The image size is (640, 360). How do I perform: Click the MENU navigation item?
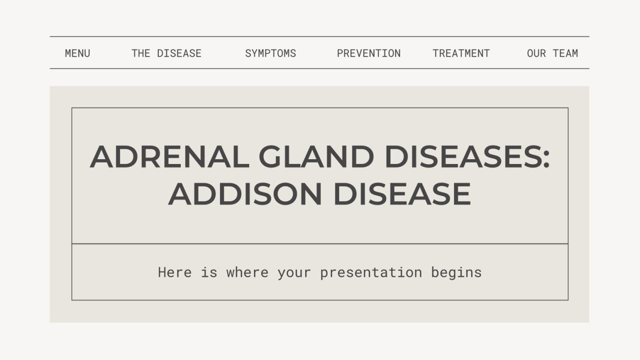pos(77,53)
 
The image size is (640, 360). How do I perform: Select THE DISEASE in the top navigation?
pos(166,53)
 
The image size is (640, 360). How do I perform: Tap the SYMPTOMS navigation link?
pos(270,53)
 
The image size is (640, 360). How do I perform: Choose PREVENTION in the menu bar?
pos(369,53)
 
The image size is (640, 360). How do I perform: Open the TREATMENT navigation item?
pos(461,53)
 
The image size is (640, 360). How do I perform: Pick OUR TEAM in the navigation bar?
pos(552,53)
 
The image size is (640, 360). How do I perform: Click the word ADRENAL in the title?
pos(169,157)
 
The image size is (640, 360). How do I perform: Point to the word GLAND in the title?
pos(316,157)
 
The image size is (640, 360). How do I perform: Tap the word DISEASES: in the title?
pos(466,157)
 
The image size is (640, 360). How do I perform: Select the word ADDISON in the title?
pos(245,194)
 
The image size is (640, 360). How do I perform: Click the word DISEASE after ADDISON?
pos(402,194)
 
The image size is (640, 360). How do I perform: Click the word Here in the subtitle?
pos(175,273)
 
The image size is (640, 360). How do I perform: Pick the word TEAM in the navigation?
pos(565,53)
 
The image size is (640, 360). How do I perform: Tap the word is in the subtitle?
pos(209,273)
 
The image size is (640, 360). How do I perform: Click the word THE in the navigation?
pos(141,53)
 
